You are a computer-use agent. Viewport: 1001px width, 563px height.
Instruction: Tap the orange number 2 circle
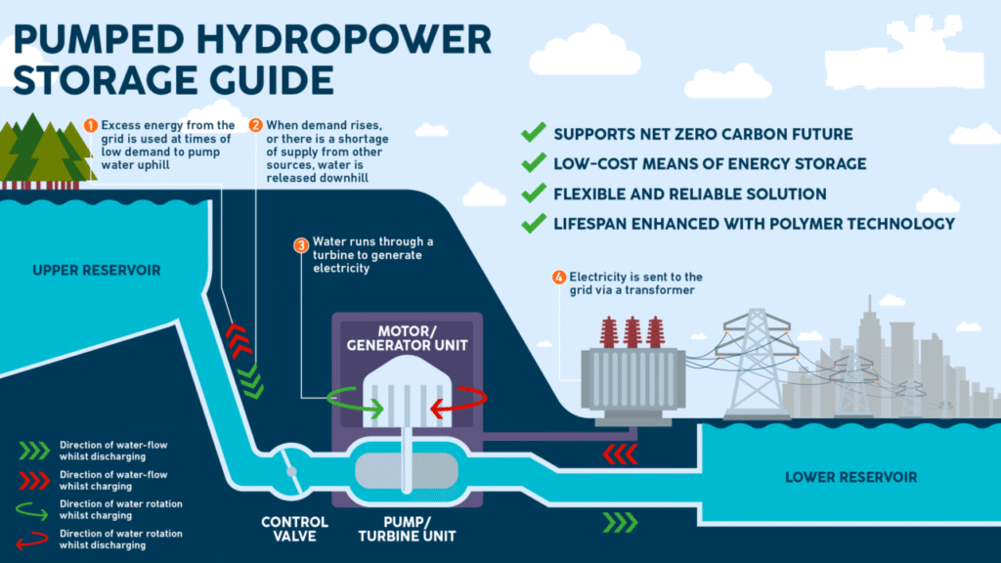pyautogui.click(x=255, y=125)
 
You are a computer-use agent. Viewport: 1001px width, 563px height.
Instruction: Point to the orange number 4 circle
pyautogui.click(x=559, y=278)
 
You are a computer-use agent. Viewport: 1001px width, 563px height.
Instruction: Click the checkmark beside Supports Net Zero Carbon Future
pyautogui.click(x=533, y=134)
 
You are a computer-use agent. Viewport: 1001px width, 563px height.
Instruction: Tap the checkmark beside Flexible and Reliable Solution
pyautogui.click(x=533, y=194)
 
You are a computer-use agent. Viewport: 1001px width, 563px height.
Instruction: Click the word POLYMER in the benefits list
pyautogui.click(x=785, y=224)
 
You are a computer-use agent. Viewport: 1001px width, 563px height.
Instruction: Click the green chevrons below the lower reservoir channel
pyautogui.click(x=620, y=522)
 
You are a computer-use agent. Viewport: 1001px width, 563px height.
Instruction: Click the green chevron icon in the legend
pyautogui.click(x=35, y=450)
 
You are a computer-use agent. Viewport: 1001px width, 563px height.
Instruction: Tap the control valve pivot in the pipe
pyautogui.click(x=291, y=471)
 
